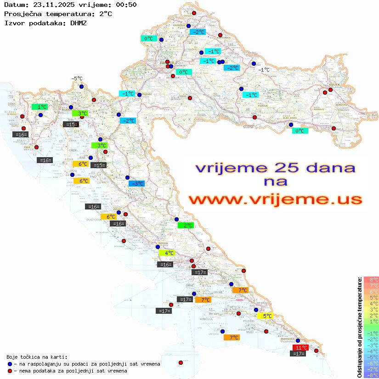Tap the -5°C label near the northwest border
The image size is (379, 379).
coord(76,79)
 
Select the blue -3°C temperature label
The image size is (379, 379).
coord(136,184)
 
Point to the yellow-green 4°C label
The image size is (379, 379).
coord(167,253)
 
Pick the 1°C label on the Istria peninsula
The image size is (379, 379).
coord(40,107)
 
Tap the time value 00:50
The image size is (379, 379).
coord(126,5)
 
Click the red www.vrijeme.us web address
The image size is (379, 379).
coord(275,199)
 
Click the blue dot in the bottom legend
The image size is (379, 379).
coord(10,364)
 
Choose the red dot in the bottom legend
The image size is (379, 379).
coord(10,371)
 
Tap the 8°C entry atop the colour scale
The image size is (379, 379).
coord(371,280)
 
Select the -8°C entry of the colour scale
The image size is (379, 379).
coord(371,375)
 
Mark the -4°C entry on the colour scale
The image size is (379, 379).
coord(371,351)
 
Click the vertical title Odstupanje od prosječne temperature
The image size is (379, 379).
coord(360,328)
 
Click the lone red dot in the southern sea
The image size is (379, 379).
coord(181,362)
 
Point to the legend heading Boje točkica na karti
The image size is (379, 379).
coord(37,357)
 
